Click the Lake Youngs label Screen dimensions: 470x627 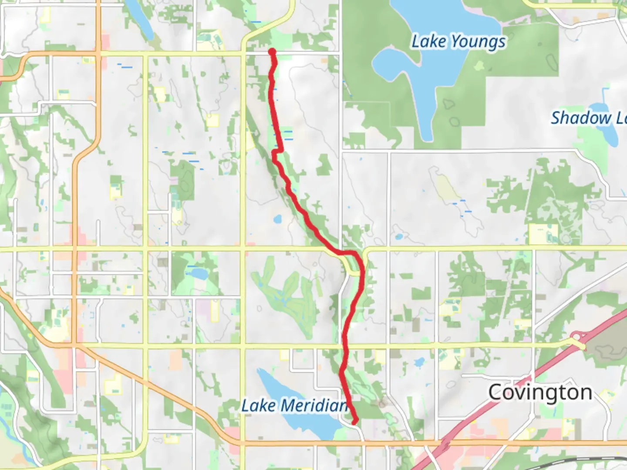(x=458, y=42)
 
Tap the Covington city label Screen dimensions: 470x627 (x=540, y=393)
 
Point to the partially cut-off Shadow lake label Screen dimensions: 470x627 (x=588, y=118)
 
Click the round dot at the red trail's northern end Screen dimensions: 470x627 (x=272, y=52)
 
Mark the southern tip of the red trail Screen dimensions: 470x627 (x=355, y=421)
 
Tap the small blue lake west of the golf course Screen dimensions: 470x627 (x=198, y=274)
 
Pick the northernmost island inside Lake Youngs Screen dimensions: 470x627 (x=479, y=66)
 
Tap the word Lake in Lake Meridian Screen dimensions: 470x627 (x=259, y=406)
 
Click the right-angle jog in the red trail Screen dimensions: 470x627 (x=277, y=151)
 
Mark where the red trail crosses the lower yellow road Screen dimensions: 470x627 (x=345, y=346)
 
